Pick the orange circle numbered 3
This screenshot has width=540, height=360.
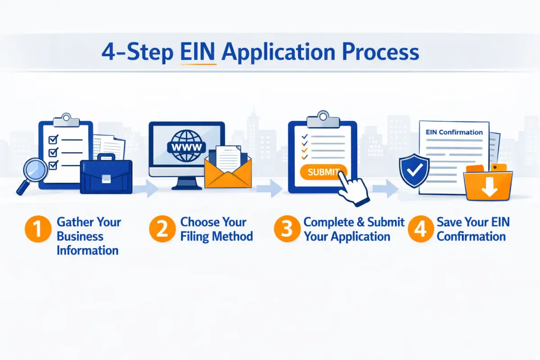point(287,229)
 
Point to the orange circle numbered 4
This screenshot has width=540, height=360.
point(420,229)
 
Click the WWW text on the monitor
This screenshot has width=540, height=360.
point(186,147)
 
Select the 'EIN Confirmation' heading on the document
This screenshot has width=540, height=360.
point(454,132)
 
